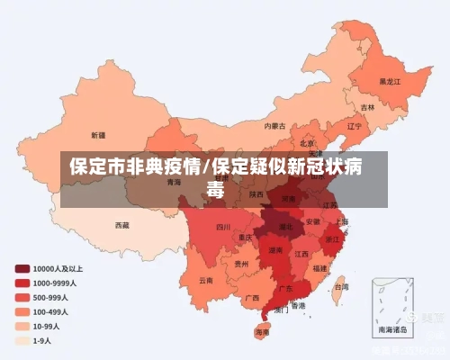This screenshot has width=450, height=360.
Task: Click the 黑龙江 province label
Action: click(389, 80)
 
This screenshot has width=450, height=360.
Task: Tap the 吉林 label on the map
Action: click(368, 107)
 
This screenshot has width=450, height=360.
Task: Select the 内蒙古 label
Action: click(274, 126)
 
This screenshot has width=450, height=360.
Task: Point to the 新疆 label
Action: click(97, 134)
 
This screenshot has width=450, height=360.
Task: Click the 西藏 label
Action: click(121, 224)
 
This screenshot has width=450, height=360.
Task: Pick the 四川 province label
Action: click(223, 228)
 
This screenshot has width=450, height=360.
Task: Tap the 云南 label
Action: click(206, 280)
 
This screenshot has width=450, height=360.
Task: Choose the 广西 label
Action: click(252, 297)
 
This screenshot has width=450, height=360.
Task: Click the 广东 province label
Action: click(284, 288)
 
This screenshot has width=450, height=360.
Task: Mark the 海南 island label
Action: click(262, 332)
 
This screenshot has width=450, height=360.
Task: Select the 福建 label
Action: click(320, 267)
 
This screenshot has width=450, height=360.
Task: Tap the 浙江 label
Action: click(333, 239)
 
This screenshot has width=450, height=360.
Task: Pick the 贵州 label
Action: click(241, 265)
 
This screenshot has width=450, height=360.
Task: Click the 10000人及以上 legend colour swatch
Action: click(22, 268)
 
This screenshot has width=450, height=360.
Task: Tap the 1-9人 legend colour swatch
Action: click(22, 341)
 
